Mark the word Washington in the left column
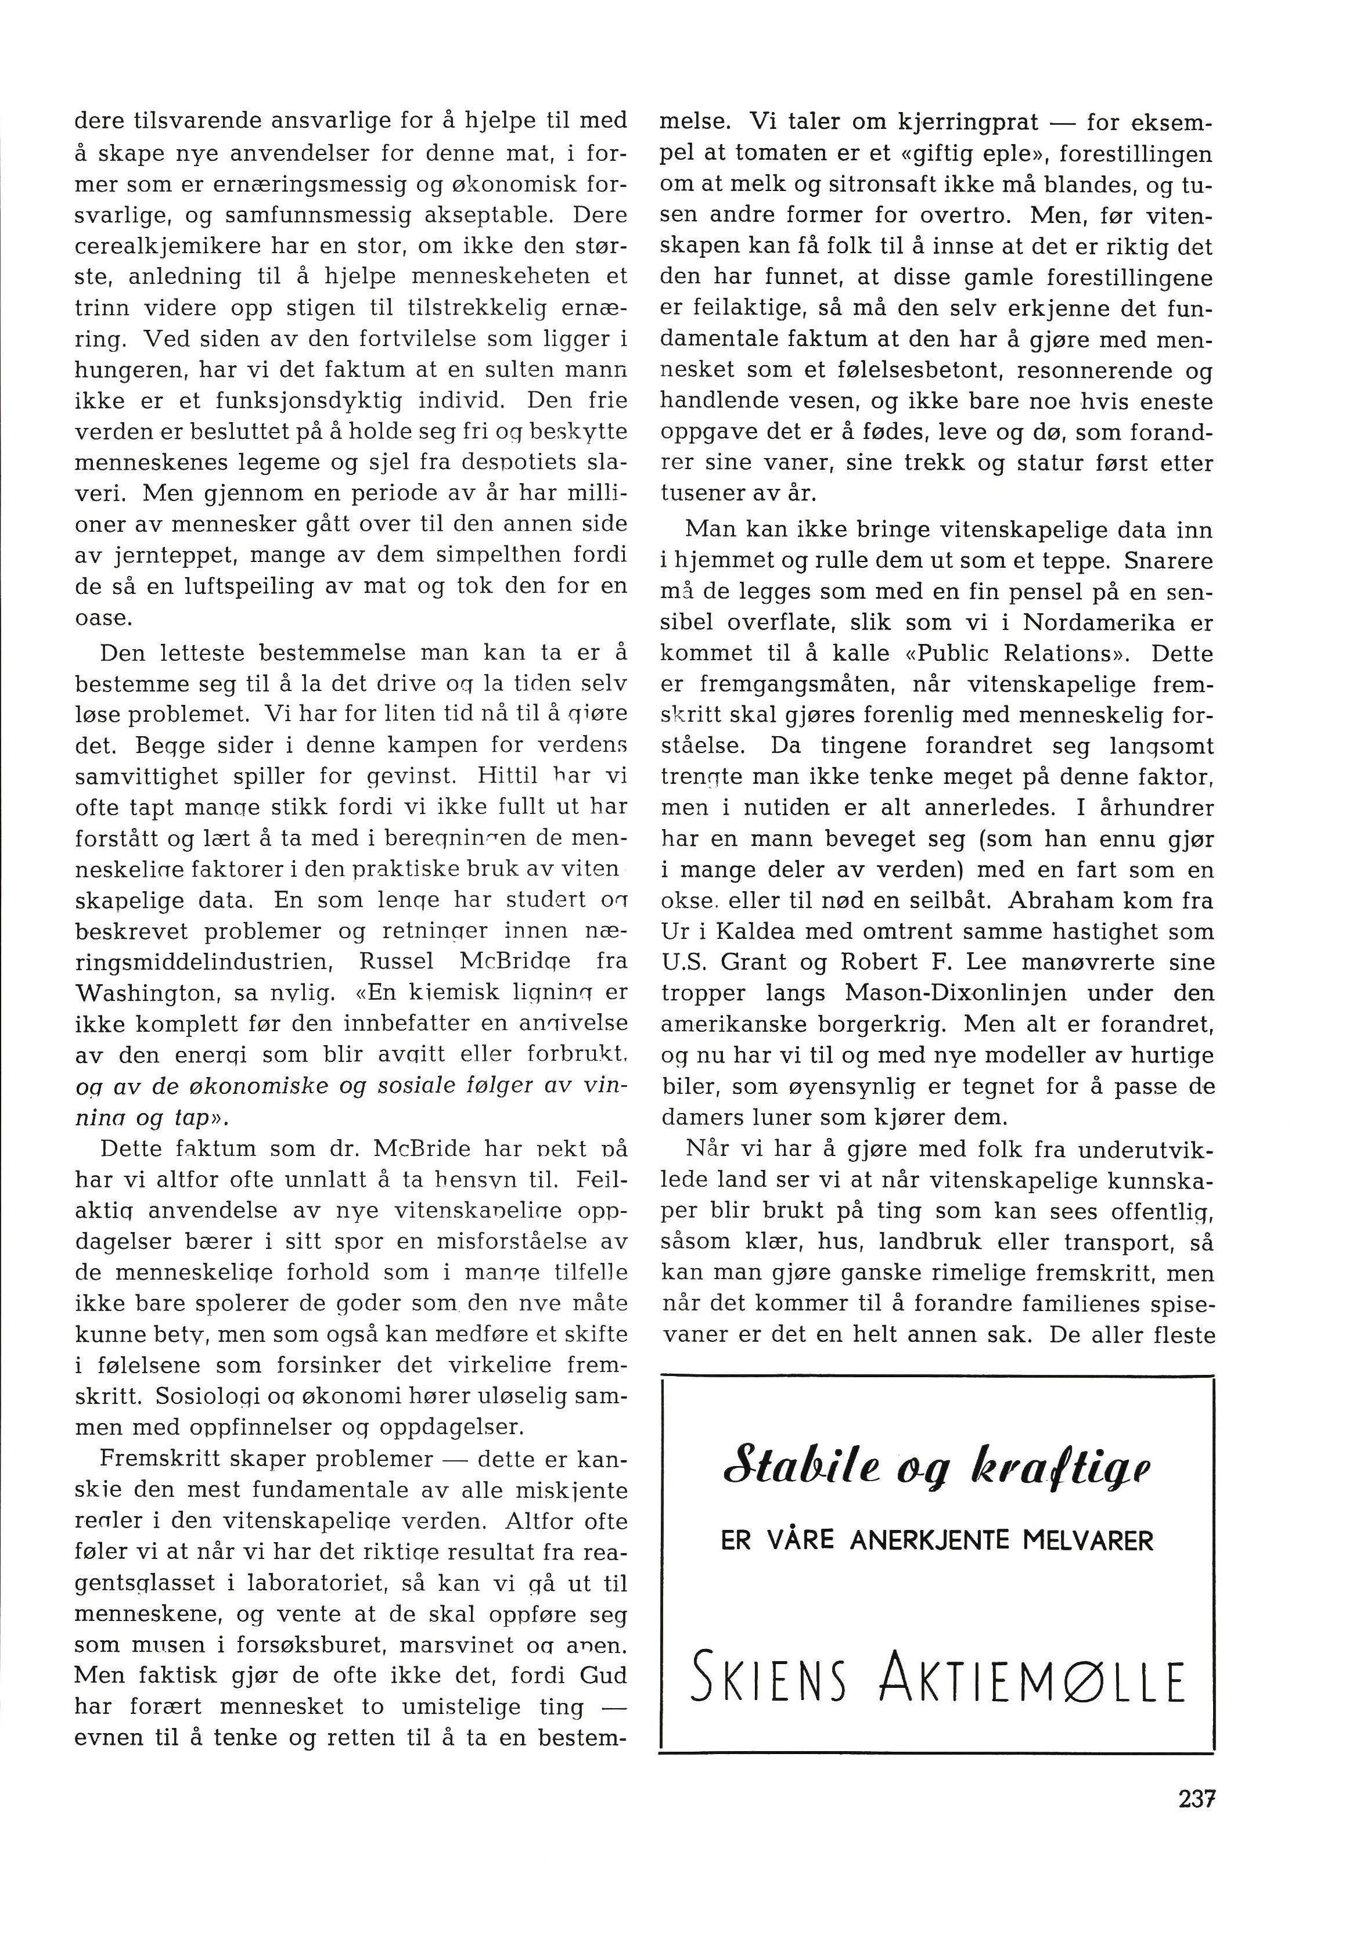(x=136, y=993)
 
